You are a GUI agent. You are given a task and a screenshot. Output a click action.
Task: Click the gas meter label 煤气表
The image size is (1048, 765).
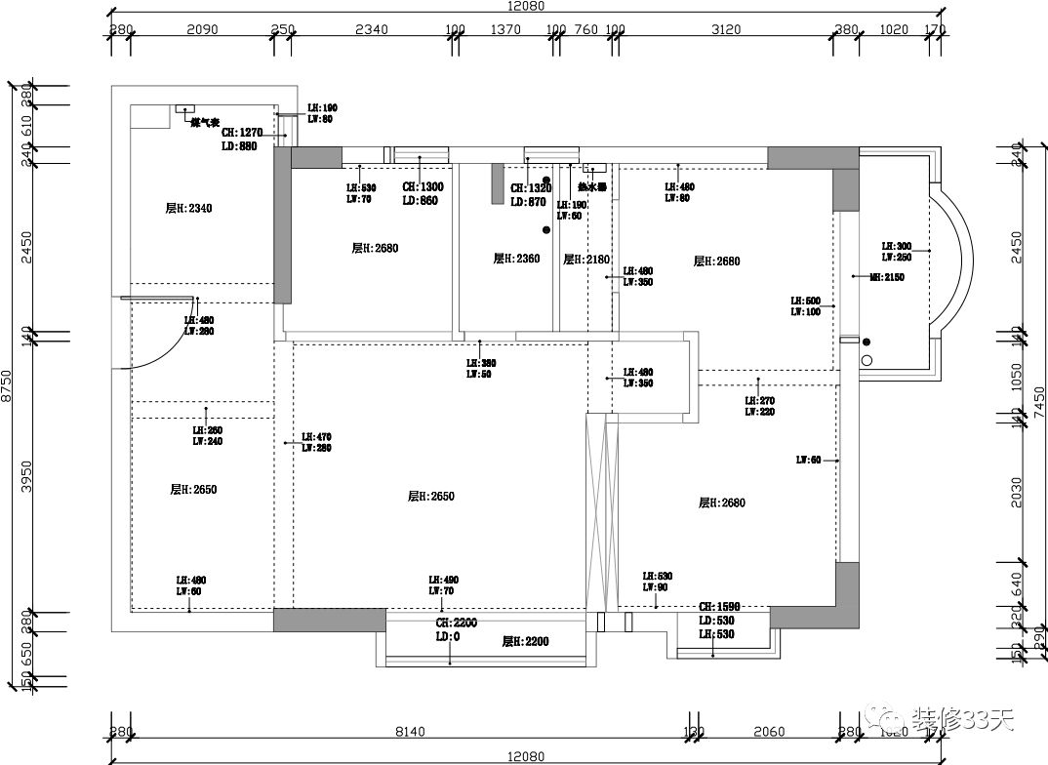coord(205,122)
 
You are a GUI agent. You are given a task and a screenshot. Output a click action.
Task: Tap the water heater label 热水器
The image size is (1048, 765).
coord(592,186)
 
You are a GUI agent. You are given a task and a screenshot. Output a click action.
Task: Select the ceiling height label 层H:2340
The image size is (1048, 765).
coord(188,208)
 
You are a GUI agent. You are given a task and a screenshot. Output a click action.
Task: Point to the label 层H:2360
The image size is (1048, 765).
coord(516,259)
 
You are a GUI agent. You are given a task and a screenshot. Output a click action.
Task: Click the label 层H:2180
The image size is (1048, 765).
coord(586,260)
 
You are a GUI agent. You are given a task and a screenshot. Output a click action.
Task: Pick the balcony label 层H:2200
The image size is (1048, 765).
coord(526,641)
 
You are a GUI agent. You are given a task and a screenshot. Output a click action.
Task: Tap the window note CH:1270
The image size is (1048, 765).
coord(243,133)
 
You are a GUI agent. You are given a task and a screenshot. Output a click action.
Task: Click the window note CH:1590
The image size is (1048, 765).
coord(719,606)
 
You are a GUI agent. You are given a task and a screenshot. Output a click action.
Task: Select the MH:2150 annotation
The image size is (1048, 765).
coord(887,277)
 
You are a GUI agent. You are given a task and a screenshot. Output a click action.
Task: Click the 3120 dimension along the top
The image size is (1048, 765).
coord(727,29)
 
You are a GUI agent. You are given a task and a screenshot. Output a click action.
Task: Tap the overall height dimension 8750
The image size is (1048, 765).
coord(8,384)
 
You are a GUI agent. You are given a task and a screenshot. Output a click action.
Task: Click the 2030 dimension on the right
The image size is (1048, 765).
coord(1016,493)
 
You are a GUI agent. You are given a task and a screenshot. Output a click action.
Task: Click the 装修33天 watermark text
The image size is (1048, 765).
coord(963,721)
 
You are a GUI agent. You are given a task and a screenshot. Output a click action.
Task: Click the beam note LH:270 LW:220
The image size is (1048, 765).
coord(760,406)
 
